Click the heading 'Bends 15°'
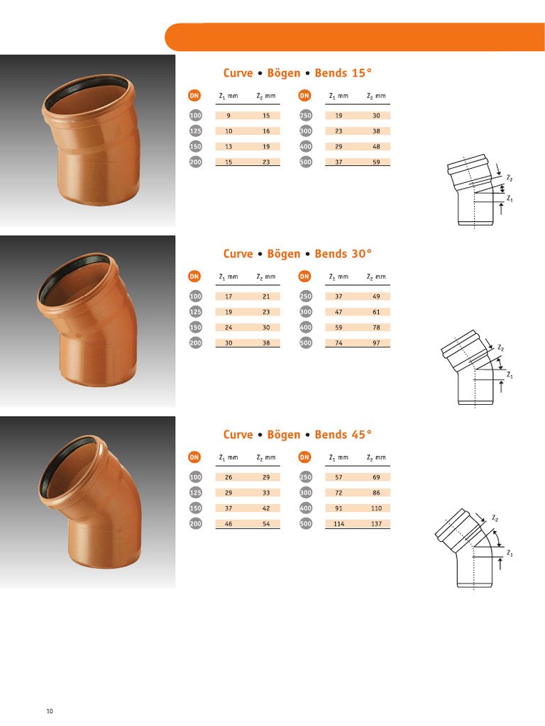tap(343, 73)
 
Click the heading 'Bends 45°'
tap(343, 435)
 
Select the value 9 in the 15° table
tap(228, 116)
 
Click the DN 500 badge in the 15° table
tap(305, 162)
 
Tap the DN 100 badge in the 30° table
tap(195, 296)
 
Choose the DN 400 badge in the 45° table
tap(305, 508)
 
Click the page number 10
tap(50, 711)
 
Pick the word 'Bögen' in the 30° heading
tap(284, 254)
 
